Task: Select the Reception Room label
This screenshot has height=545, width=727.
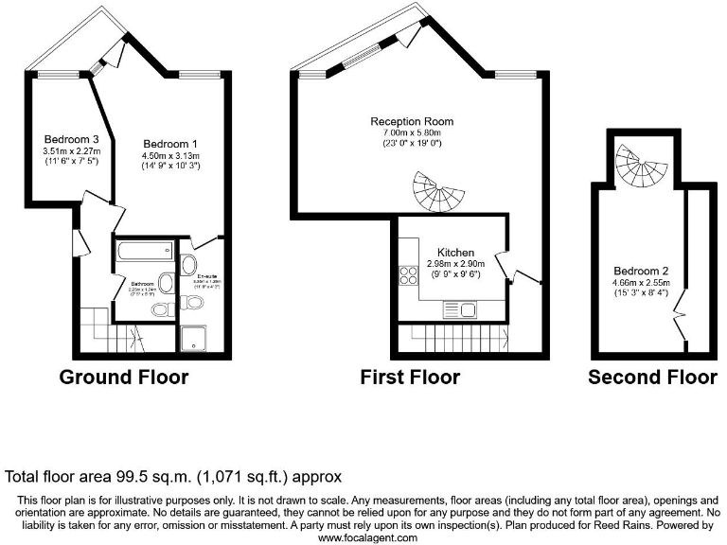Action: pyautogui.click(x=412, y=121)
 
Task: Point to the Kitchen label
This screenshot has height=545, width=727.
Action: pyautogui.click(x=455, y=253)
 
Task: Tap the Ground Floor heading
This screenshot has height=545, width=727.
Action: pyautogui.click(x=123, y=378)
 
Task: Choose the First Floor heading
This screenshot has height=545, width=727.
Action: pyautogui.click(x=410, y=378)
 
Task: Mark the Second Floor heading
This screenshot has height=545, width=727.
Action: pyautogui.click(x=652, y=378)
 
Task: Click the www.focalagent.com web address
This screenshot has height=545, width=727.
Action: pyautogui.click(x=367, y=537)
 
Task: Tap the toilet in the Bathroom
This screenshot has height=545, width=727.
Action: pyautogui.click(x=162, y=309)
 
